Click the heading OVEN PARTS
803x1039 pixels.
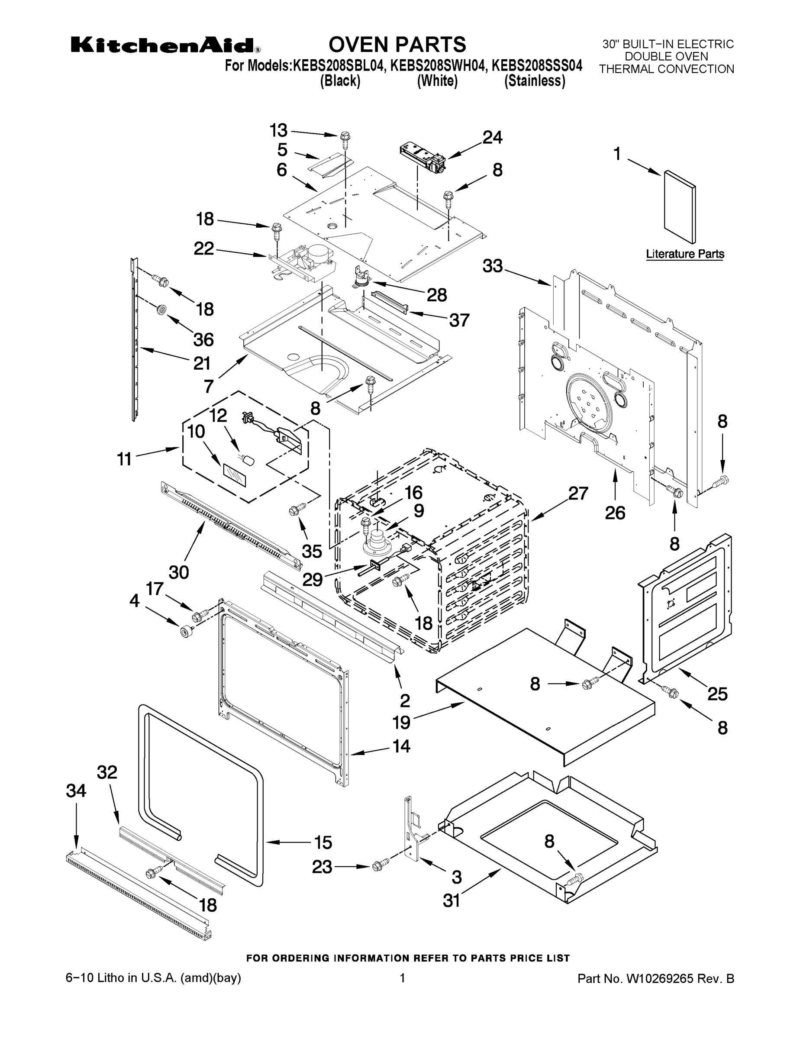[x=397, y=44]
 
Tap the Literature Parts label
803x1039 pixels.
[x=684, y=254]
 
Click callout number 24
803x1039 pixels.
[x=492, y=138]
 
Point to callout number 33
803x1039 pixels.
[x=492, y=266]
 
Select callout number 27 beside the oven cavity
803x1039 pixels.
[x=578, y=494]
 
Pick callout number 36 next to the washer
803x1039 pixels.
[x=203, y=340]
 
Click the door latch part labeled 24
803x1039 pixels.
[x=422, y=158]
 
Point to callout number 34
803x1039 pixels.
[x=76, y=791]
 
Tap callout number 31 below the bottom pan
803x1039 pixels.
[x=451, y=900]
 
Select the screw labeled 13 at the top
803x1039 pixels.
[x=345, y=139]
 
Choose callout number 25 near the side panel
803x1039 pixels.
[x=717, y=694]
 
